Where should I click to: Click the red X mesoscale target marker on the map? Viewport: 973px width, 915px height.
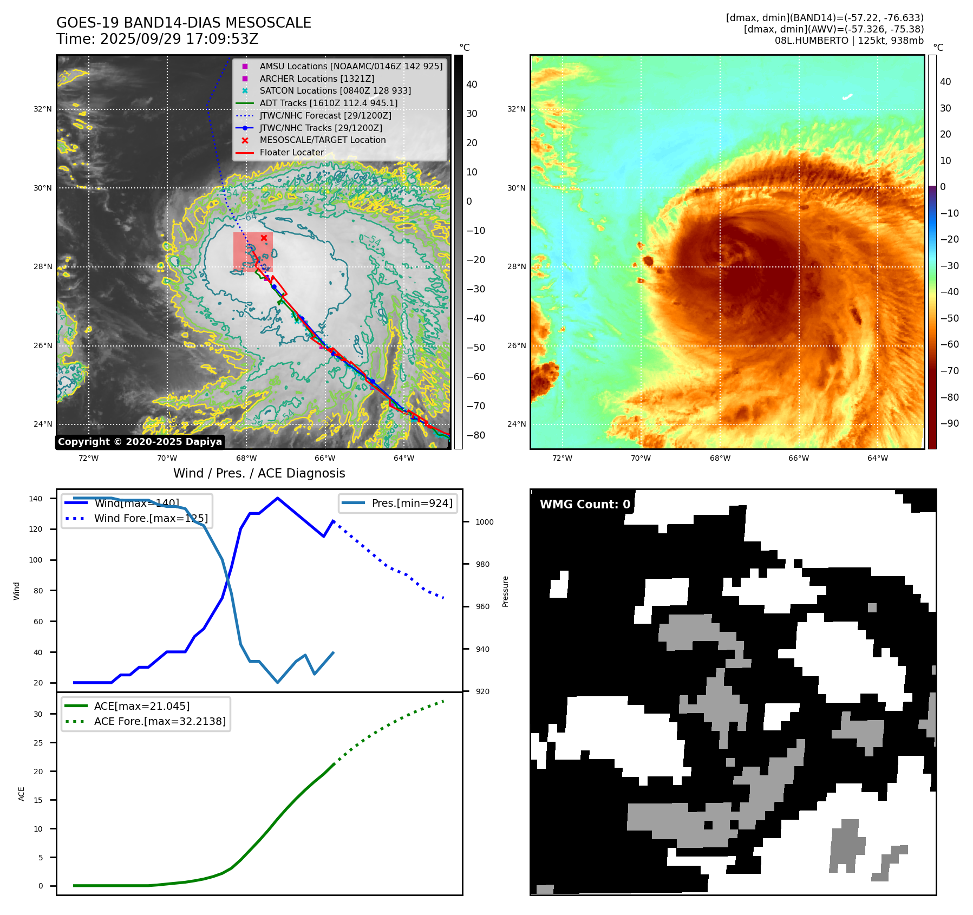click(x=264, y=238)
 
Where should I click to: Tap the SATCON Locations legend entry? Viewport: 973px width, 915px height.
click(x=335, y=90)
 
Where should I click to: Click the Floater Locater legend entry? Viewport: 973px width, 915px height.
click(x=291, y=152)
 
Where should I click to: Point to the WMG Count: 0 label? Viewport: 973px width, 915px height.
click(x=585, y=504)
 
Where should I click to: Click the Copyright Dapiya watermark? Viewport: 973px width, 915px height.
click(x=140, y=442)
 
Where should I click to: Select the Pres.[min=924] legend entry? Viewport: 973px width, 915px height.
click(x=412, y=503)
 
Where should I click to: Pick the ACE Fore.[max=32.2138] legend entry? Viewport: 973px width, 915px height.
click(x=160, y=721)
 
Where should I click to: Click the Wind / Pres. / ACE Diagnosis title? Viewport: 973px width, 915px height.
click(x=259, y=473)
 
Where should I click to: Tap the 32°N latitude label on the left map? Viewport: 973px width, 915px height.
click(x=43, y=109)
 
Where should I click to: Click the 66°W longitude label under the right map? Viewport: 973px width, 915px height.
click(x=798, y=458)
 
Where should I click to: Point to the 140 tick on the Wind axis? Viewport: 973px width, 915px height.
click(x=36, y=499)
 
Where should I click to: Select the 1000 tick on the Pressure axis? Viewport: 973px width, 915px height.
click(x=484, y=522)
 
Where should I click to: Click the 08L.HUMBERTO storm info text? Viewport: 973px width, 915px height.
click(x=848, y=41)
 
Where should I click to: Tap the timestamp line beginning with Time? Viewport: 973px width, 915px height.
click(x=157, y=39)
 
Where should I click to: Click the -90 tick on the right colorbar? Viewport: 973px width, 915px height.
click(x=949, y=423)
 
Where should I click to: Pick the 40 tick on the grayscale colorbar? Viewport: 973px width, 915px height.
click(x=472, y=84)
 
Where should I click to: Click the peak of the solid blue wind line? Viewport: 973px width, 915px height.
click(x=277, y=498)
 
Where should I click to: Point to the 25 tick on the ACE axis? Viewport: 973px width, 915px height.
click(x=38, y=743)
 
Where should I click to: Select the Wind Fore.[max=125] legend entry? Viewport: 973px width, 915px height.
click(x=151, y=518)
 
